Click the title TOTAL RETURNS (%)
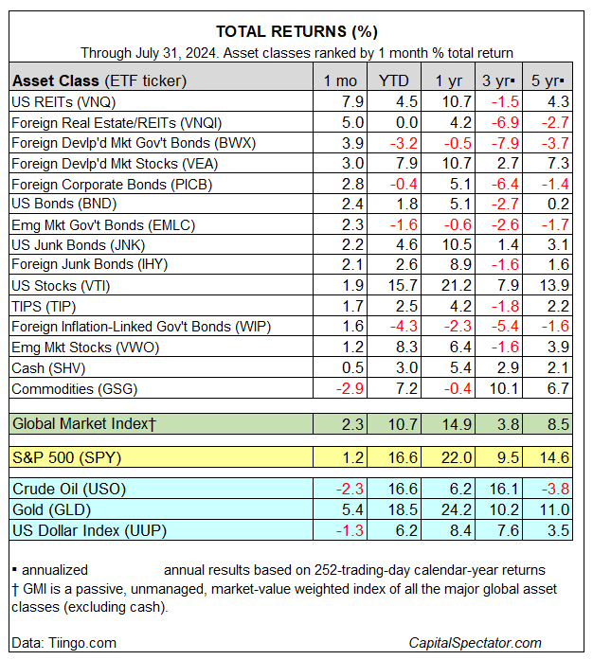point(296,31)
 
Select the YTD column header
point(394,80)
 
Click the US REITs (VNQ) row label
point(57,101)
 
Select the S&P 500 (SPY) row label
point(68,457)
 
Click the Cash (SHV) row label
point(46,368)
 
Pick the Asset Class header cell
point(99,80)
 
